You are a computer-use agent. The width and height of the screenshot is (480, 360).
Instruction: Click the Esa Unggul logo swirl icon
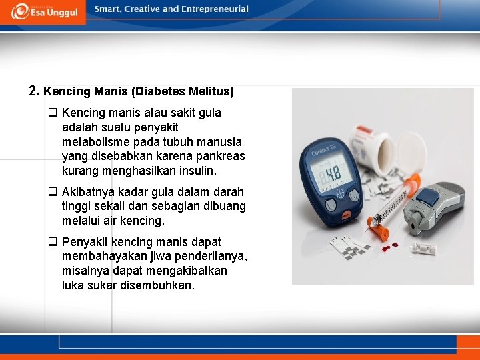pos(20,10)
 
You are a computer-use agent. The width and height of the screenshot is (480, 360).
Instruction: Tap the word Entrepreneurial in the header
pos(217,9)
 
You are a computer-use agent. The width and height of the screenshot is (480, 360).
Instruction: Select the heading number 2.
pos(33,91)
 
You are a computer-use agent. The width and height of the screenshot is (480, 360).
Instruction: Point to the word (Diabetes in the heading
pos(157,91)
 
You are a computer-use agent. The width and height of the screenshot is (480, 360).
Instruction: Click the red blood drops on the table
pos(395,244)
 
